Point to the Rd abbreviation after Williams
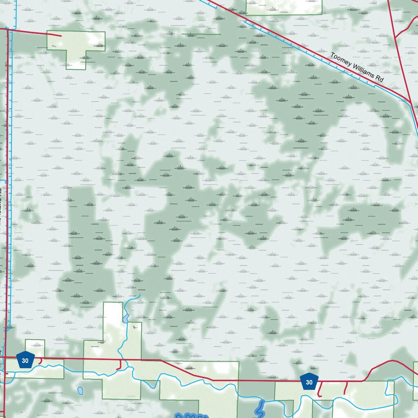point(380,82)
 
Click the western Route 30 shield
point(25,360)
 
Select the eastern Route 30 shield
point(309,382)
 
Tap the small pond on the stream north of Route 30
point(126,318)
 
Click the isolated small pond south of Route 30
point(81,390)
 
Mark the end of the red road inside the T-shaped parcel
point(61,36)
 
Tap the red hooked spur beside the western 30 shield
point(40,361)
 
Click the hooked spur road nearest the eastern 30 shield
point(320,390)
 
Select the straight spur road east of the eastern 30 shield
point(346,388)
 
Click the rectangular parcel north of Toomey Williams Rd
point(284,7)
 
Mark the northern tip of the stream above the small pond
point(140,295)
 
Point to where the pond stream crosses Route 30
point(120,360)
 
